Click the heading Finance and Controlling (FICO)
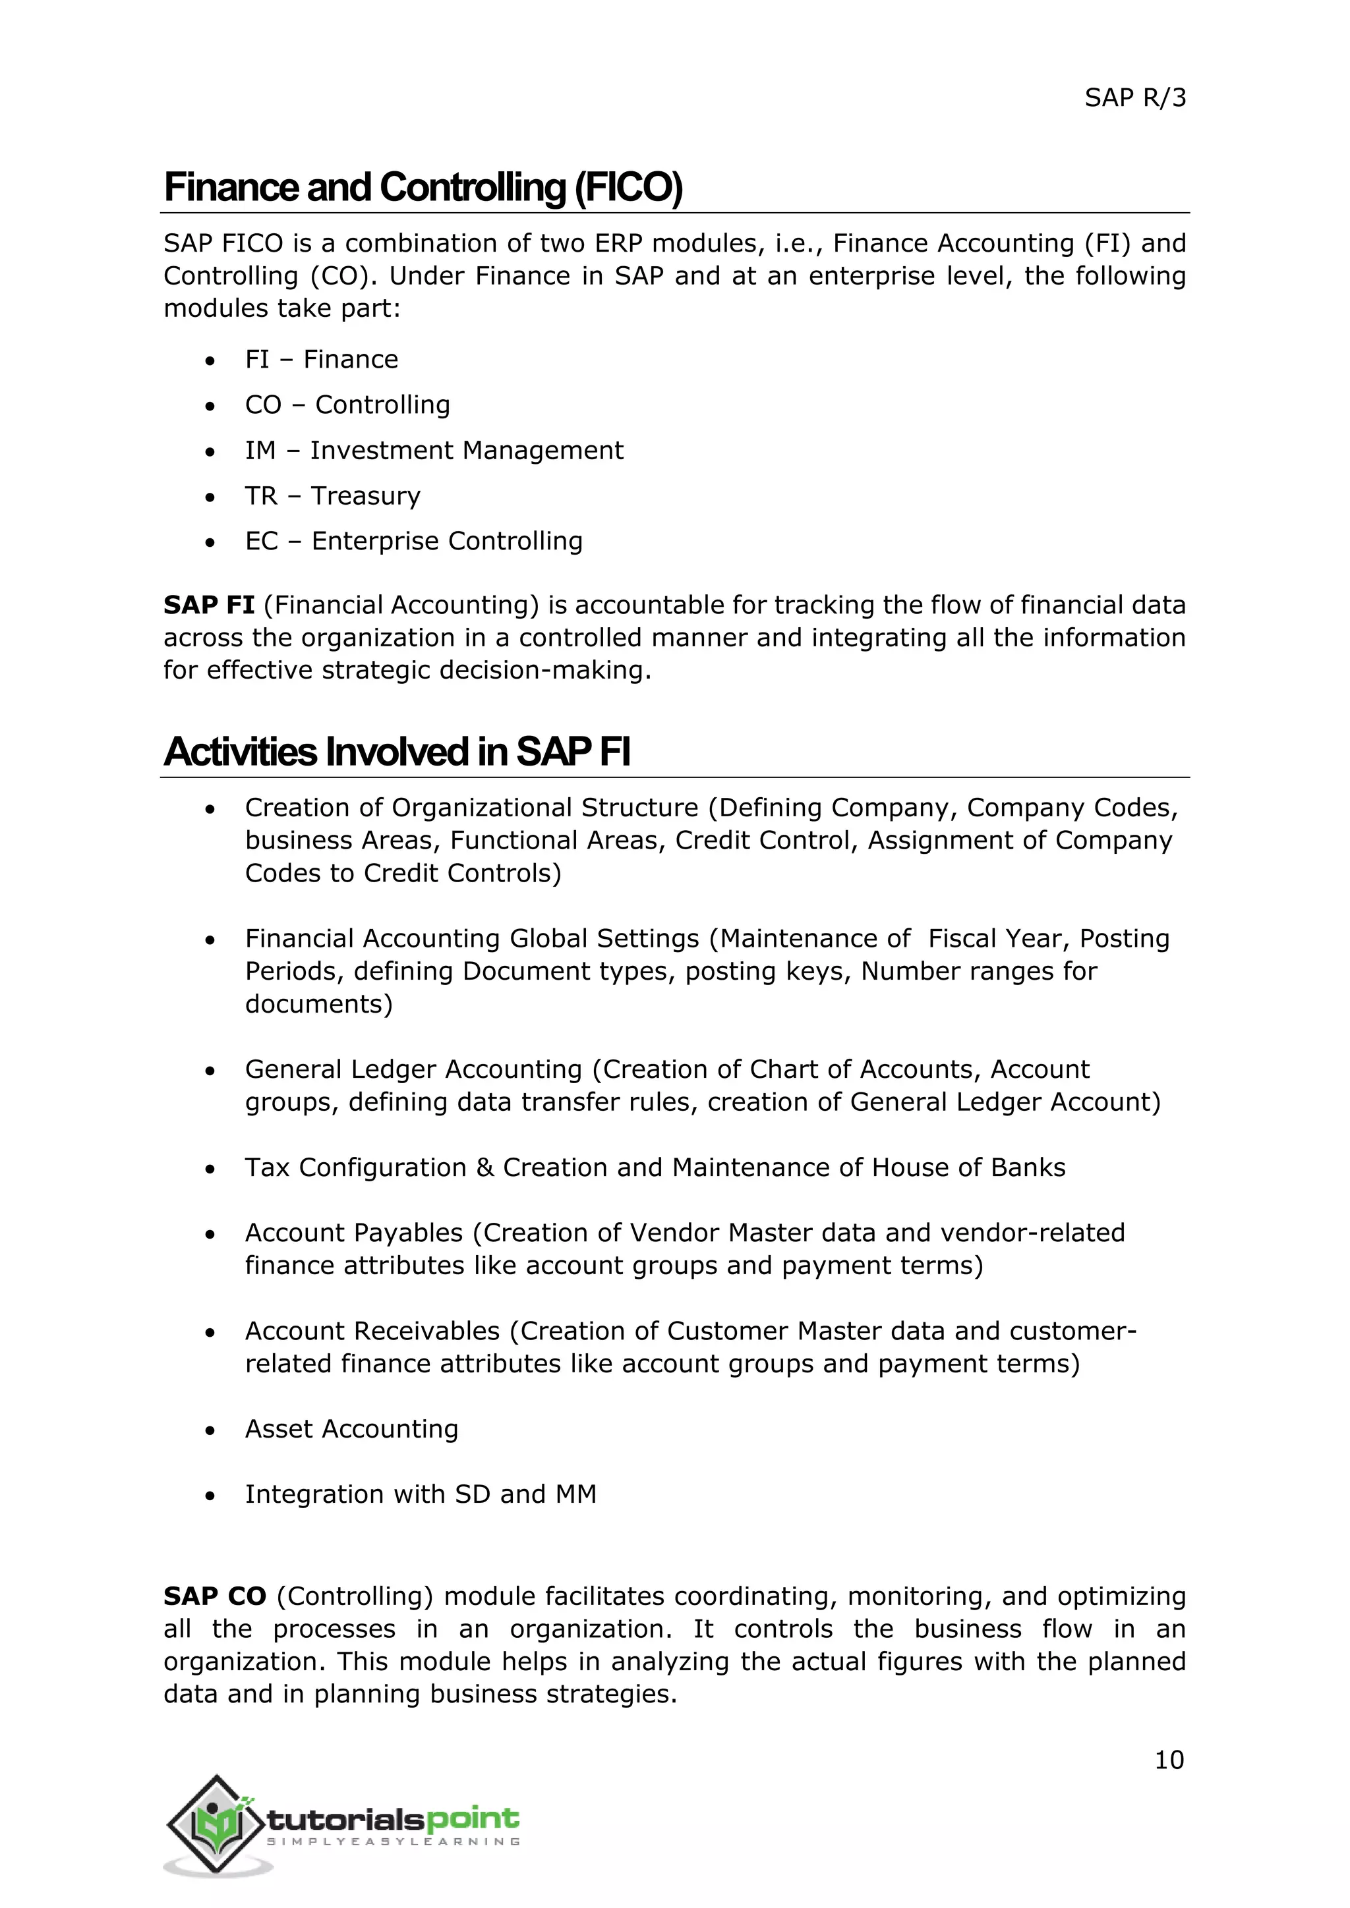(x=423, y=188)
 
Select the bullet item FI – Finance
(x=321, y=359)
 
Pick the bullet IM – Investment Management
(x=433, y=451)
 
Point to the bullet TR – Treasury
(x=332, y=496)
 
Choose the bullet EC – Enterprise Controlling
(x=413, y=541)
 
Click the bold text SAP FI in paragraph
(x=209, y=605)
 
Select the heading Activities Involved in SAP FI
(x=397, y=752)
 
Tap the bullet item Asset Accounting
(x=351, y=1428)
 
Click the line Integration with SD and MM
(x=420, y=1494)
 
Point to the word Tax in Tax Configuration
(x=267, y=1167)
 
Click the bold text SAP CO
(x=214, y=1596)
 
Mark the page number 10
(x=1169, y=1760)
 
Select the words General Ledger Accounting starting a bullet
(x=413, y=1069)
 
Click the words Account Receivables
(x=372, y=1332)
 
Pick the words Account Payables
(x=353, y=1233)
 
